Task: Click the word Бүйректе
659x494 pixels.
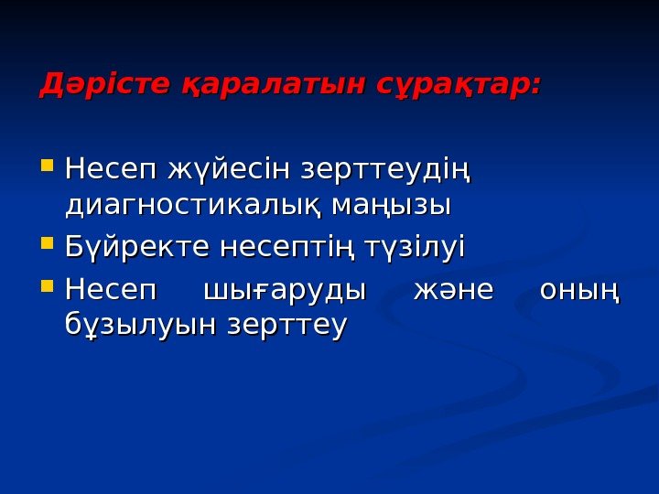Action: [x=138, y=248]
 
